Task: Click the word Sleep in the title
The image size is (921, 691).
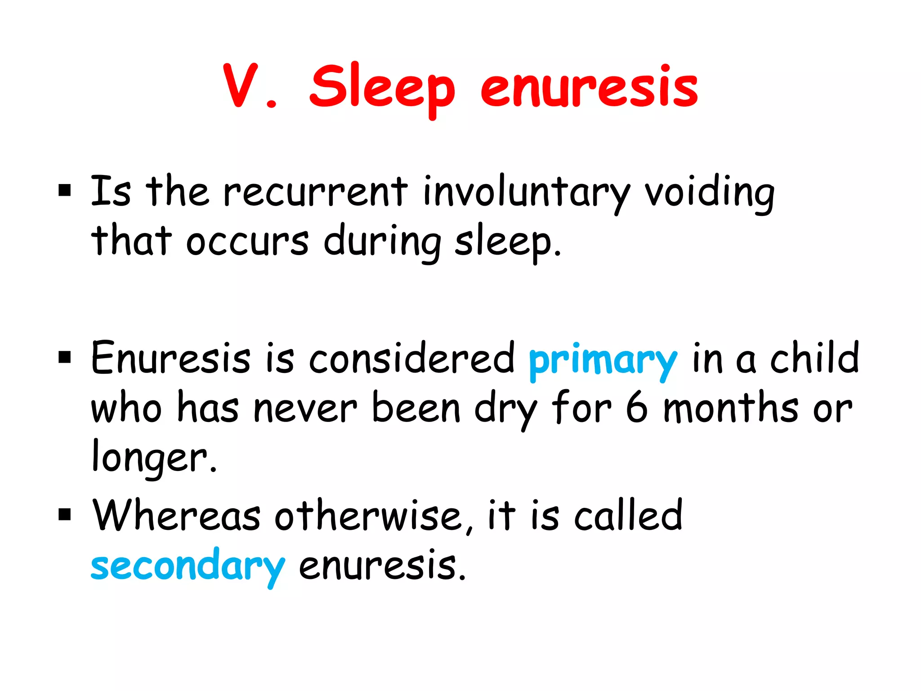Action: [382, 88]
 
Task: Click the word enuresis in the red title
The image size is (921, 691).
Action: [589, 88]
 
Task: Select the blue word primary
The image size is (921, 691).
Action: [603, 360]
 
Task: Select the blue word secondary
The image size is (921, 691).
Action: [188, 565]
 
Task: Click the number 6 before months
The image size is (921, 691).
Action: [637, 408]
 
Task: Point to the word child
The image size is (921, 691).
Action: [814, 358]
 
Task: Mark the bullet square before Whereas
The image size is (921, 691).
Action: [65, 514]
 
